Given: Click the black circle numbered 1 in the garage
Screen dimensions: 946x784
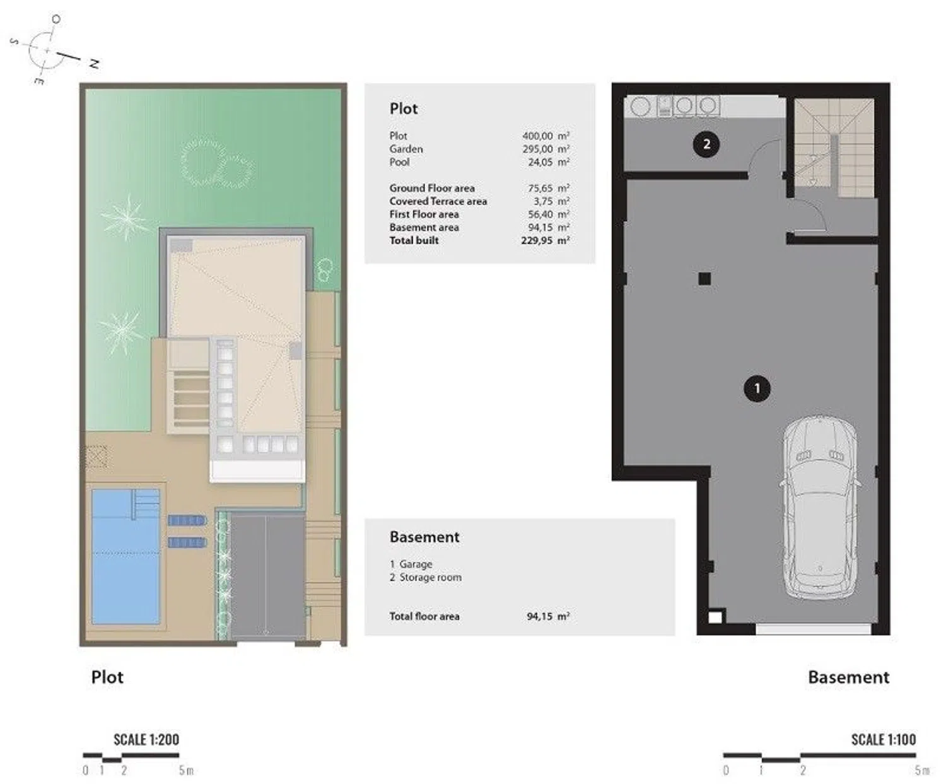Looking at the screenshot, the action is tap(757, 389).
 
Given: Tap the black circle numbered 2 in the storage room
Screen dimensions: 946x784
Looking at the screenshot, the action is tap(706, 144).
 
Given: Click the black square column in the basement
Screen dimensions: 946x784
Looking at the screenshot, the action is tap(704, 278).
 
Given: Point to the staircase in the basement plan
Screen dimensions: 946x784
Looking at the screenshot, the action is tap(834, 148).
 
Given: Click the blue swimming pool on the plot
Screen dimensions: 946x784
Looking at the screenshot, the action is tap(126, 556).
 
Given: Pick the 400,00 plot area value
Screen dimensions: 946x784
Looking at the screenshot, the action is tap(537, 136).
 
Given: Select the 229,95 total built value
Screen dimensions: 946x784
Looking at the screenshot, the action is tap(537, 240).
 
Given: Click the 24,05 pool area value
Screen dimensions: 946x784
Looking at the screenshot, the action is tap(540, 162).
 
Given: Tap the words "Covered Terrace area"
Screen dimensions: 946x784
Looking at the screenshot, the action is tap(438, 201).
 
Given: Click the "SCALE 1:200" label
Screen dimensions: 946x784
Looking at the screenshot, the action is tap(146, 740).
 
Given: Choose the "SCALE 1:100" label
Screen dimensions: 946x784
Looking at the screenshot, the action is tap(884, 740).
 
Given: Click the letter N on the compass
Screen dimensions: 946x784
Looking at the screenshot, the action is tap(94, 64).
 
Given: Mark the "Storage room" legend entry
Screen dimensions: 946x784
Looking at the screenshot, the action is tap(430, 577).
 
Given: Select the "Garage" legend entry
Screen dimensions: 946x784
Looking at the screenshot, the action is tap(416, 565).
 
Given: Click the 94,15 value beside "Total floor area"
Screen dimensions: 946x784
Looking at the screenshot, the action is tap(540, 616).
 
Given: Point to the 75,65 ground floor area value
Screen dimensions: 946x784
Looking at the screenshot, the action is tap(540, 188).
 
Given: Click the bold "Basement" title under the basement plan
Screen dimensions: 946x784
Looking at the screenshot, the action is tap(849, 677).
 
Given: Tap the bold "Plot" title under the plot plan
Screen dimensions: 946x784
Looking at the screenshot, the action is tap(107, 677).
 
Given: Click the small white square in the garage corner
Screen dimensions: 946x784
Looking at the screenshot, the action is tap(715, 617).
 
